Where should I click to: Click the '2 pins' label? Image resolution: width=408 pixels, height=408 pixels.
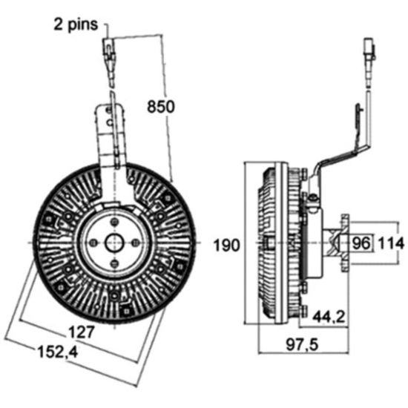[x=76, y=24]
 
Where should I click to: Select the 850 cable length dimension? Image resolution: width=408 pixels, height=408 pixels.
[x=161, y=106]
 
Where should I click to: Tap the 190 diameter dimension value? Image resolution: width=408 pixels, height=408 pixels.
[x=226, y=245]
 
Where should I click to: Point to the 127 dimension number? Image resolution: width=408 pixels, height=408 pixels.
[x=81, y=332]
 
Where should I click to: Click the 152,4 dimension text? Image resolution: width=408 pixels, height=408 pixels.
[x=58, y=352]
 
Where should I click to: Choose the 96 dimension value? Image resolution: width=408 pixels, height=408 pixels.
[x=361, y=243]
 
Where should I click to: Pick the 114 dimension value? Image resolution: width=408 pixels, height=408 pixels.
[x=391, y=244]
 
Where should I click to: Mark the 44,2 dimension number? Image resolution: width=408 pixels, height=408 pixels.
[x=329, y=317]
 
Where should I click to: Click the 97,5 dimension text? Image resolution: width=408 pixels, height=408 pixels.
[x=302, y=345]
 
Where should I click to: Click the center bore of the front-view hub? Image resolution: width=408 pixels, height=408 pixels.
[x=114, y=243]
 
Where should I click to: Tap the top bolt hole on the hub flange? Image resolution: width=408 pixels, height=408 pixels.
[x=114, y=222]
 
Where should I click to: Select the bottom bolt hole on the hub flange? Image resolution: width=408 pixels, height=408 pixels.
[x=114, y=263]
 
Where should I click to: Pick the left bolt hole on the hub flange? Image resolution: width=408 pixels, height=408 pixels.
[x=93, y=243]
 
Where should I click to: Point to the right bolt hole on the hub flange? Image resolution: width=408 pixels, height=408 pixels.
[x=135, y=243]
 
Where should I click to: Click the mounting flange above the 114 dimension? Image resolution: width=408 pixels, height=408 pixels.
[x=345, y=243]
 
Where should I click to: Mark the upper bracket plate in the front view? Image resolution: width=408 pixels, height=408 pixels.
[x=110, y=135]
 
